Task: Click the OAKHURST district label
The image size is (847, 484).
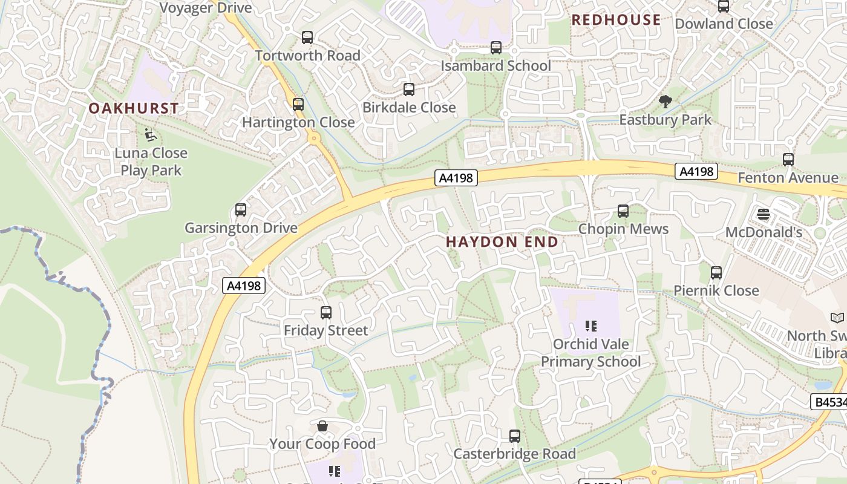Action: [134, 108]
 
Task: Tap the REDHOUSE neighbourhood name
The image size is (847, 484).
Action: [616, 20]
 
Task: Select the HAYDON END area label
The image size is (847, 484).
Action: [502, 242]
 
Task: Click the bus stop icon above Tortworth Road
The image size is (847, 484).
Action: [307, 38]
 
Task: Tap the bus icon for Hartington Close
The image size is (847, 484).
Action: [298, 104]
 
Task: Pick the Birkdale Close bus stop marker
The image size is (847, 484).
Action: [409, 90]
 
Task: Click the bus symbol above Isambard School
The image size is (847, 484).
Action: [496, 47]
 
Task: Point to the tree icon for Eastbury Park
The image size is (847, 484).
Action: [665, 102]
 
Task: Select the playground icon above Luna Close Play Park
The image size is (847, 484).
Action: [151, 135]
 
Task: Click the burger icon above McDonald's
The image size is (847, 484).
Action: [764, 214]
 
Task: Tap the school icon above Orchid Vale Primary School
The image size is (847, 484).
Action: [591, 326]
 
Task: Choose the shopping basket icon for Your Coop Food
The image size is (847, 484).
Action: [322, 426]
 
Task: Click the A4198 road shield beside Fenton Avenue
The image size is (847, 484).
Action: [696, 172]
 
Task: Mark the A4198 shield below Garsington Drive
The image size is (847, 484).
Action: [244, 286]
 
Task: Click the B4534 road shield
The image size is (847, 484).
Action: [829, 402]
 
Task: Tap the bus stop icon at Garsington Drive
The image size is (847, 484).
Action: [241, 210]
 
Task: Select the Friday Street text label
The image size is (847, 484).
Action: [325, 330]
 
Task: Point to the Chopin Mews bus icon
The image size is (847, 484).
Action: [623, 211]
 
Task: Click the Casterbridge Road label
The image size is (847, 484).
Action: [514, 454]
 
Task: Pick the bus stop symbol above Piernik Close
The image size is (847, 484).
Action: [716, 273]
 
